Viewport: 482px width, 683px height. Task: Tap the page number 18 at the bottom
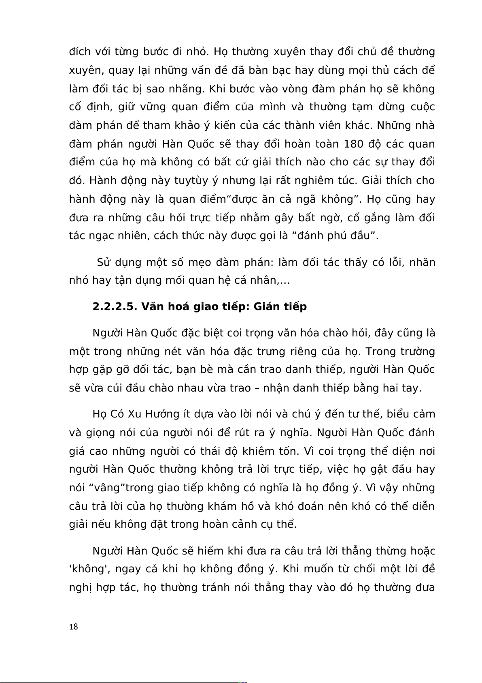[x=74, y=627]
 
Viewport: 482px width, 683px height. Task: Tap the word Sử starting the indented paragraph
[x=104, y=262]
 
